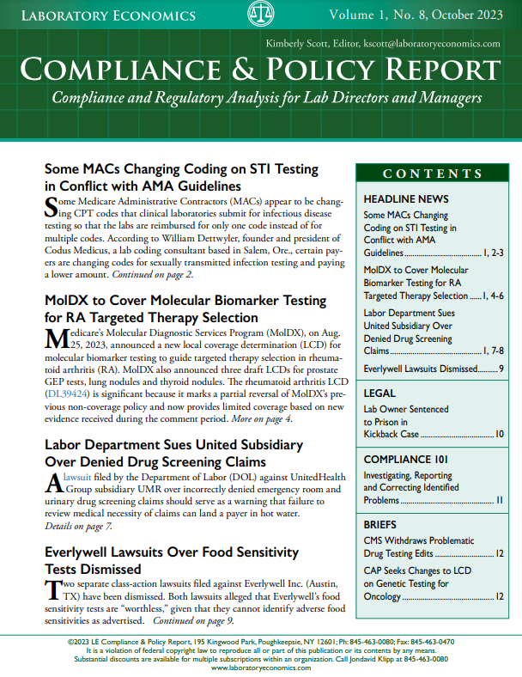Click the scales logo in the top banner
click(x=260, y=15)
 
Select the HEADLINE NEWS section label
click(x=401, y=198)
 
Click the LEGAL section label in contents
click(x=379, y=393)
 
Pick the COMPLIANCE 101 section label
click(x=408, y=459)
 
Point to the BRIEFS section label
click(x=380, y=524)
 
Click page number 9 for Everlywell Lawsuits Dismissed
click(x=501, y=369)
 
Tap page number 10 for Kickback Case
click(x=500, y=435)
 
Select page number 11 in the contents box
click(x=500, y=500)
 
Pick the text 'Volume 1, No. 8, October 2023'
click(x=424, y=16)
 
